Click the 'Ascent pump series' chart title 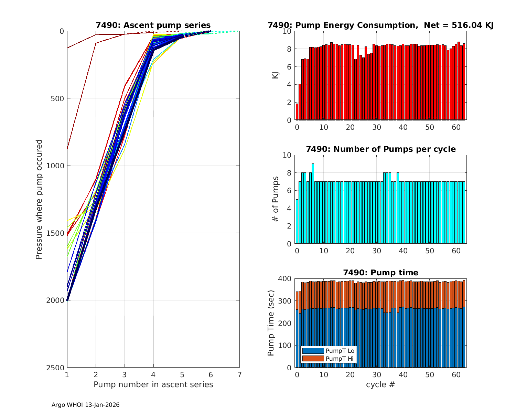tap(153, 25)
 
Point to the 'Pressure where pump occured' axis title tap(39, 199)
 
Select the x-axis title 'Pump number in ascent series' tap(153, 384)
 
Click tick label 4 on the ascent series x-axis tap(153, 374)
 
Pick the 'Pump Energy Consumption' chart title tap(380, 25)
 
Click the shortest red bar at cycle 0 tap(297, 112)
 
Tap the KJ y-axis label tap(275, 75)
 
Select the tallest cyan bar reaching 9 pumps tap(313, 203)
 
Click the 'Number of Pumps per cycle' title tap(380, 149)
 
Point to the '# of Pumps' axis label tap(275, 199)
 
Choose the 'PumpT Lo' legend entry tap(328, 351)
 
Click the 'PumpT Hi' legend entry tap(328, 359)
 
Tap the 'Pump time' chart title tap(380, 273)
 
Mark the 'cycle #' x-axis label tap(380, 384)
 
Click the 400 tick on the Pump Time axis tap(286, 279)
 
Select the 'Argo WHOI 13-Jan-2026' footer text tap(85, 405)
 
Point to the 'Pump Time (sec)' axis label tap(271, 323)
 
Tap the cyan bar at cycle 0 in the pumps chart tap(297, 221)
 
